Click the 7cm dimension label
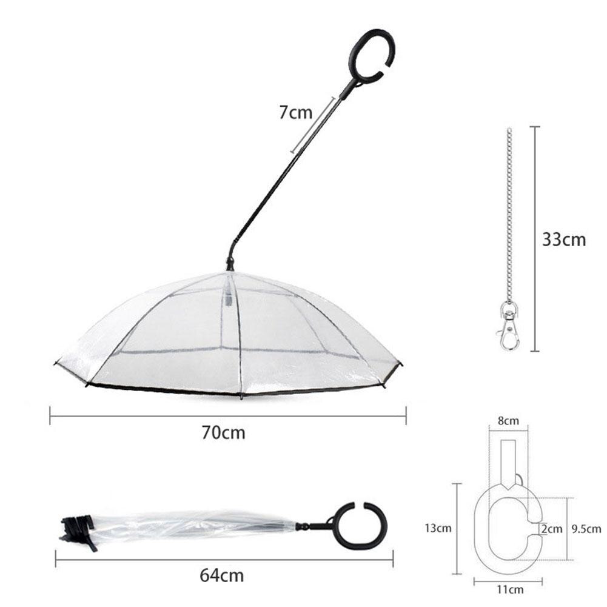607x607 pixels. point(295,112)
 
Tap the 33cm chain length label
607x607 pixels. point(564,239)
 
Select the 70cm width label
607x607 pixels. point(224,433)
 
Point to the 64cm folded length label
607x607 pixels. point(222,574)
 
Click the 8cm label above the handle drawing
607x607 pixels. point(508,421)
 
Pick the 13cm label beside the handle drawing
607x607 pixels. point(438,528)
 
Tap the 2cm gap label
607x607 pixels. point(552,529)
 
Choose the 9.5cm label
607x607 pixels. point(586,529)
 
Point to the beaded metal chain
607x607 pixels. point(509,212)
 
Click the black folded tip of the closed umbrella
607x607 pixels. point(78,528)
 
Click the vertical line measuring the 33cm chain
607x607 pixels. point(534,239)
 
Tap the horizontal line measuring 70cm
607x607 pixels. point(227,415)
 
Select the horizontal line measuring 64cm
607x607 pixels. point(224,558)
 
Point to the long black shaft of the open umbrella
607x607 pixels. point(285,176)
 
